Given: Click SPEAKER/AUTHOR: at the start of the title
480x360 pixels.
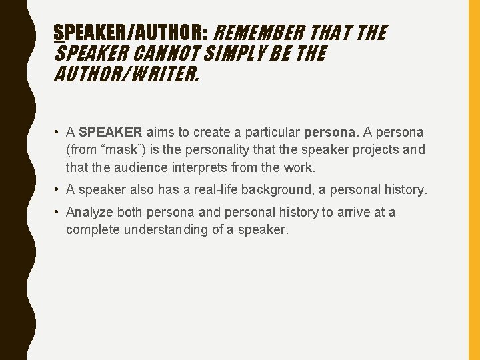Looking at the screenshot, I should coord(132,32).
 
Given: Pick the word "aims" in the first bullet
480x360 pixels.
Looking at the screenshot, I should coord(161,133).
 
